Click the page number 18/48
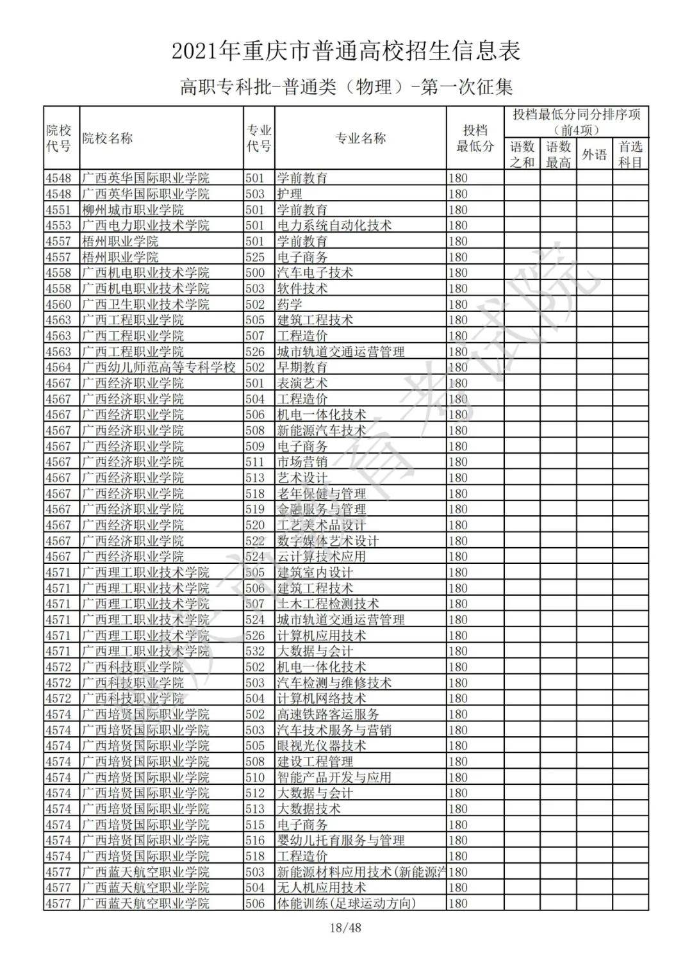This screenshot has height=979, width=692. (x=345, y=927)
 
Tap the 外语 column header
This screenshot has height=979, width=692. (x=594, y=154)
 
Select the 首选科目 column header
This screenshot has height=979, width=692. (x=630, y=154)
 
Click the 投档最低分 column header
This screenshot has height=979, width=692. (x=475, y=138)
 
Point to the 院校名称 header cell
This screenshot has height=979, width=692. (x=108, y=138)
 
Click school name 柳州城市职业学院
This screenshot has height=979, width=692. (x=133, y=210)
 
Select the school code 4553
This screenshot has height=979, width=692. (x=58, y=226)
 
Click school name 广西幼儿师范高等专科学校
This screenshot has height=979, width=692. (x=159, y=367)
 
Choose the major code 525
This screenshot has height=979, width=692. (x=255, y=257)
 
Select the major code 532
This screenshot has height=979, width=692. (x=255, y=651)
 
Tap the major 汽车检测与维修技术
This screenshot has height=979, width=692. (x=334, y=682)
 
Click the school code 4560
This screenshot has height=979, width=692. (x=58, y=304)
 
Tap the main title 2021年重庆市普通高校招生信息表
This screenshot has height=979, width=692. (x=346, y=51)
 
